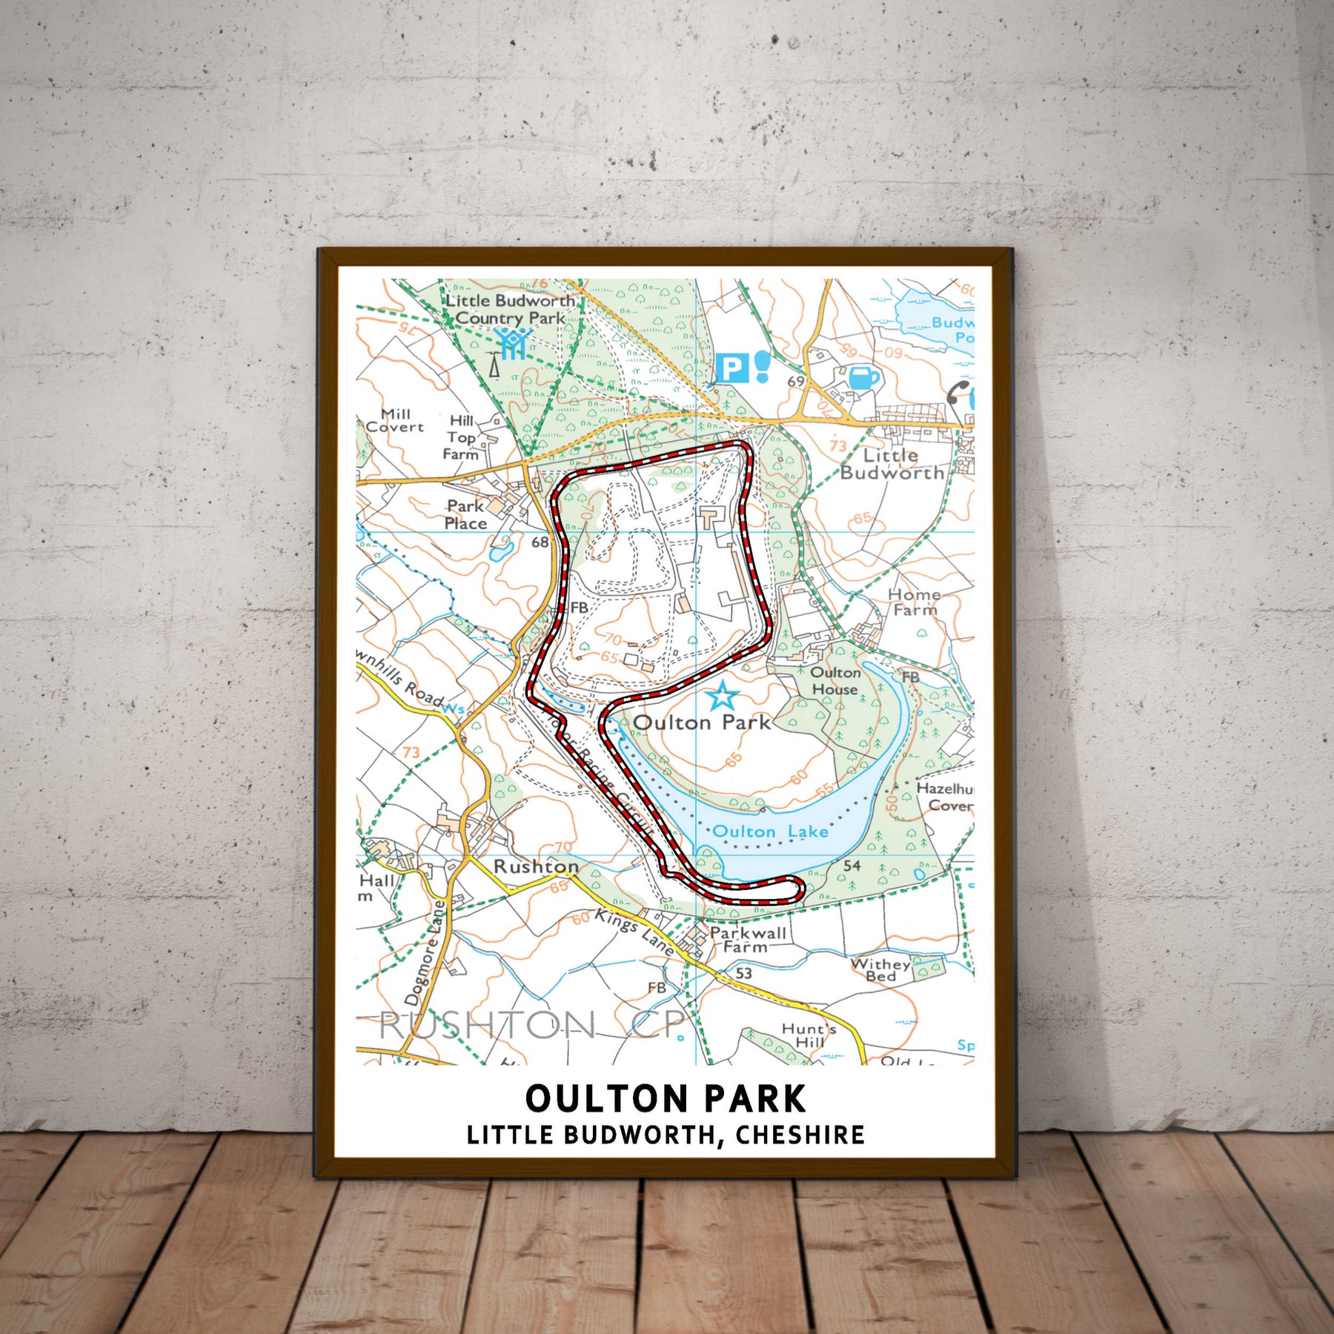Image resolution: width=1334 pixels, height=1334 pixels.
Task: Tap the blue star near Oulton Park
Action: coord(722,697)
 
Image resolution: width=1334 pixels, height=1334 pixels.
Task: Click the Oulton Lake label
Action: coord(770,832)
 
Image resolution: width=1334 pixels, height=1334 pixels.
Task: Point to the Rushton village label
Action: coord(536,866)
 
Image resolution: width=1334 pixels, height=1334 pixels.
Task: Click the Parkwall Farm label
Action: coord(747,939)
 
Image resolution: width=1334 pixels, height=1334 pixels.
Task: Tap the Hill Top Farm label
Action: coord(461,437)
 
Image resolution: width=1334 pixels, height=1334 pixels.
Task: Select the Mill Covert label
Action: coord(395,420)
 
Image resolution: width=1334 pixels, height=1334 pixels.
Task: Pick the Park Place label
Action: coord(465,514)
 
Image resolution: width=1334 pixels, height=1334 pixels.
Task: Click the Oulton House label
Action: coord(835,680)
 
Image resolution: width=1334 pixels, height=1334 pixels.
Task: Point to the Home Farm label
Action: coord(915,602)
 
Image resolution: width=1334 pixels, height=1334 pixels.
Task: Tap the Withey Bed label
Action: coord(880,969)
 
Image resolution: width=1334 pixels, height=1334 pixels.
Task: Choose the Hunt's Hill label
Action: coord(809,1035)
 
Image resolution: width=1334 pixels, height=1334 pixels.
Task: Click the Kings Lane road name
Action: coord(634,932)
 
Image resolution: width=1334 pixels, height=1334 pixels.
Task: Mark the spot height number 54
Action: coord(852,865)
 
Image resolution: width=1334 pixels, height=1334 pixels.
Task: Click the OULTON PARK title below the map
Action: coord(665,1098)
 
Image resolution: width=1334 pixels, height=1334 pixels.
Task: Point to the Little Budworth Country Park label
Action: coord(510,309)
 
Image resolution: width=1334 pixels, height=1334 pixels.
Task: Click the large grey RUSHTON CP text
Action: coord(532,1026)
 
